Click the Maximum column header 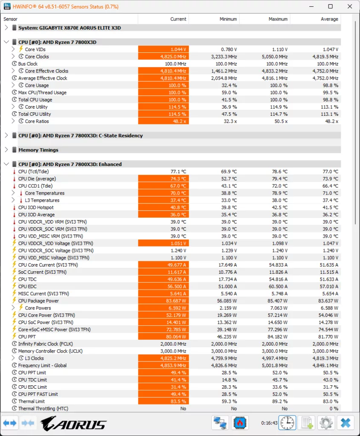pos(278,19)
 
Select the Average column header pos(329,19)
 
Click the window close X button pos(350,6)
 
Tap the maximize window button pos(330,6)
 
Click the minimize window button pos(311,6)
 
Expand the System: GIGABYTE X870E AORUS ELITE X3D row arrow pos(6,28)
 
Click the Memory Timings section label pos(38,150)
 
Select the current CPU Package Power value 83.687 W pos(176,301)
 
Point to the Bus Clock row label pos(28,64)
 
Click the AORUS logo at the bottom pos(73,424)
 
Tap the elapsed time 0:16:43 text pos(269,423)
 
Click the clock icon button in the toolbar pos(288,423)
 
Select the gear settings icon pos(326,423)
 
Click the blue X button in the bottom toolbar pos(346,423)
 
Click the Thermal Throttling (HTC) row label pos(43,408)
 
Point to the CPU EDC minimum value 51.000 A pos(228,287)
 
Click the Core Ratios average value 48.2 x pos(331,121)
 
